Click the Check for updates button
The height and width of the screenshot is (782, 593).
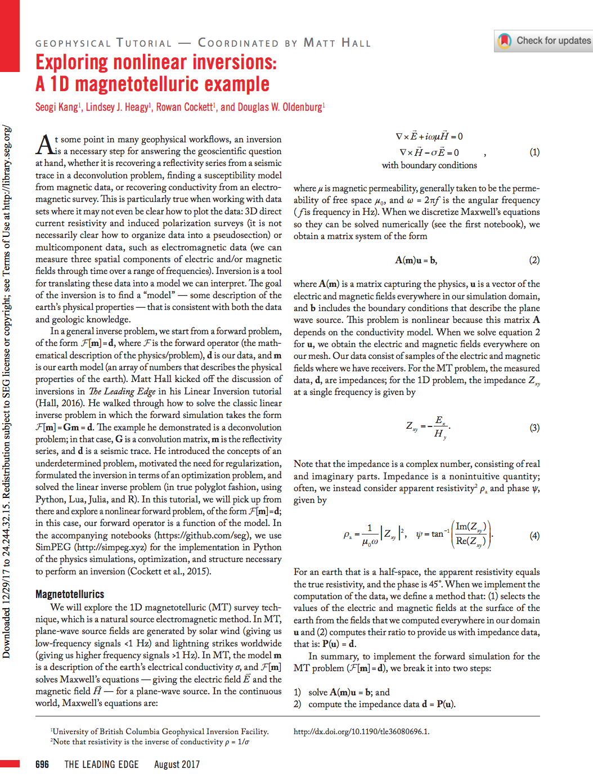point(544,41)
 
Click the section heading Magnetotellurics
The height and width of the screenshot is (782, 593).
point(70,594)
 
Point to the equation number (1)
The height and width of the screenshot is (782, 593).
point(534,152)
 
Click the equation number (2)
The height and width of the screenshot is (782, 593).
point(534,260)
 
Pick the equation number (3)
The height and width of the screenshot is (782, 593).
point(534,428)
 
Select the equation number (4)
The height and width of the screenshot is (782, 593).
point(534,536)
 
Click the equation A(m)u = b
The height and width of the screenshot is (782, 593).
point(416,260)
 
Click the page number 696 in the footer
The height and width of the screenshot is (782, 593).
point(42,764)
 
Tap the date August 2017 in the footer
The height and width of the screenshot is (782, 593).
point(177,764)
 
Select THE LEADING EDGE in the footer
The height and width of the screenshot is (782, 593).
point(101,764)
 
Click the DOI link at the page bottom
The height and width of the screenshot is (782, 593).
point(361,731)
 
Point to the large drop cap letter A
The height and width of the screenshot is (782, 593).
point(44,145)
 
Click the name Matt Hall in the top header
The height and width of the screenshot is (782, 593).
point(337,43)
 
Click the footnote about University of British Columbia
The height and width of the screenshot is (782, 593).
point(160,731)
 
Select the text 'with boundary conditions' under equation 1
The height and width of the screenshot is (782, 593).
point(429,165)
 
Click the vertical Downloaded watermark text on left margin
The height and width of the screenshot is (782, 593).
point(6,394)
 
